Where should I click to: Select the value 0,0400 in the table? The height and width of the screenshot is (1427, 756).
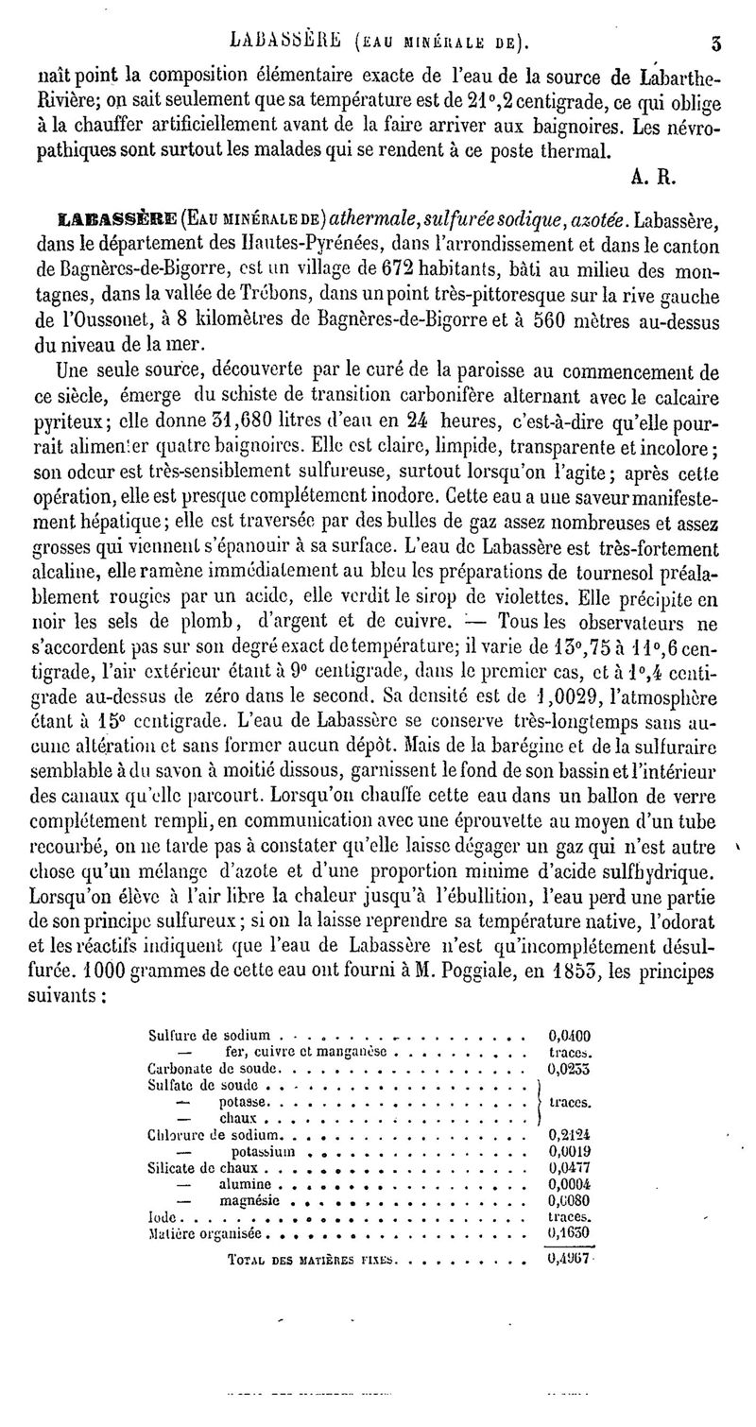(569, 1035)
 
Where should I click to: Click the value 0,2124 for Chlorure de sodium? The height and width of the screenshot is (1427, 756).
(569, 1134)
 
